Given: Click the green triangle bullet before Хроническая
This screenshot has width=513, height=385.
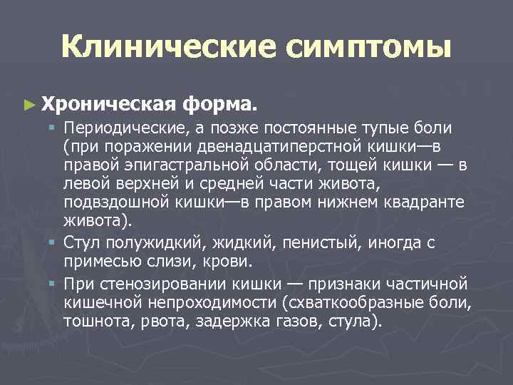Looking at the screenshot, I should pyautogui.click(x=28, y=105).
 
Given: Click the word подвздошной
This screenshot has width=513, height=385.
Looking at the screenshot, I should pyautogui.click(x=111, y=203).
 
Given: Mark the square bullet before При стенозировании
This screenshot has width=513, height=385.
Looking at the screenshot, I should pyautogui.click(x=53, y=284).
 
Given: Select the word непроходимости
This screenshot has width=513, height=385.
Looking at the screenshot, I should pyautogui.click(x=201, y=302).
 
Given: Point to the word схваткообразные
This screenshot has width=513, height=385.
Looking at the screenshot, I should pyautogui.click(x=351, y=302).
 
